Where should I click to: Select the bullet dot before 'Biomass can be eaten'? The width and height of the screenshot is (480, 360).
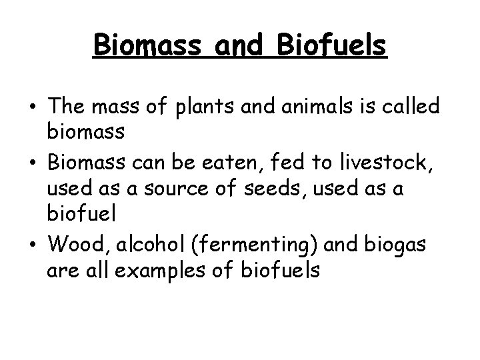pyautogui.click(x=32, y=162)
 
